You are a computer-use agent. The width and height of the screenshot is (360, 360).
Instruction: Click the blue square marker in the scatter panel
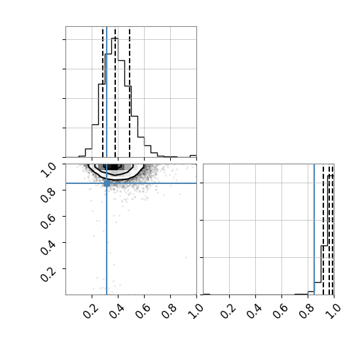pyautogui.click(x=107, y=183)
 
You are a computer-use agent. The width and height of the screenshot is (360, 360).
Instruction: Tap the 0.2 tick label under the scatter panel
pyautogui.click(x=90, y=311)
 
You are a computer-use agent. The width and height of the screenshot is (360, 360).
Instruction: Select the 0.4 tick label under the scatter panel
pyautogui.click(x=117, y=311)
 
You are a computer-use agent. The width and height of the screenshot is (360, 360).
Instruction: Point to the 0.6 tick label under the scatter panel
pyautogui.click(x=143, y=311)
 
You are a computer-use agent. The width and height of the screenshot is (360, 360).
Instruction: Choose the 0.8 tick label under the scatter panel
pyautogui.click(x=169, y=311)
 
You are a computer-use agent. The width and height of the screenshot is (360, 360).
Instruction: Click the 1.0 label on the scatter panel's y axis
pyautogui.click(x=48, y=170)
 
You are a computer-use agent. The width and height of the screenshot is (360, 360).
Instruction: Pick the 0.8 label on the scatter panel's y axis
pyautogui.click(x=48, y=196)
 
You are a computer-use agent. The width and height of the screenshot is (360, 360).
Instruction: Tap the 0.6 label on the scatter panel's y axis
pyautogui.click(x=48, y=222)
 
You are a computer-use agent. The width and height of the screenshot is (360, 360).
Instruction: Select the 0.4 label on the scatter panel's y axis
pyautogui.click(x=48, y=248)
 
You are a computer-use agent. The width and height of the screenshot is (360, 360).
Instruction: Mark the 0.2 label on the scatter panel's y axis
pyautogui.click(x=48, y=274)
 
